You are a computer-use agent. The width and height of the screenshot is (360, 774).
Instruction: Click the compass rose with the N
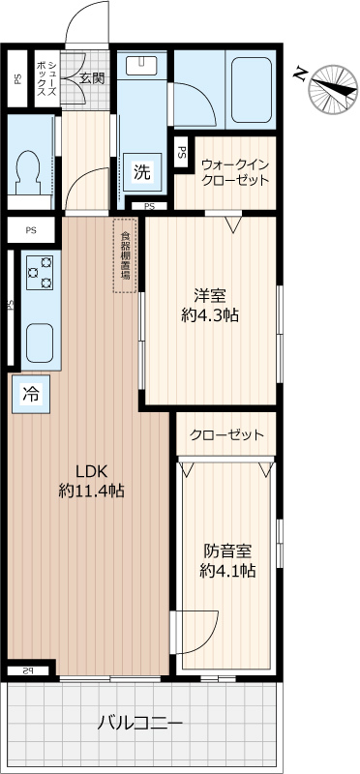pos(329,87)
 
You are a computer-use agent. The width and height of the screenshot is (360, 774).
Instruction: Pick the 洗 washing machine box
pos(142,173)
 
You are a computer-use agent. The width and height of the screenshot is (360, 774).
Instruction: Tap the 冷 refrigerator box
pos(31,394)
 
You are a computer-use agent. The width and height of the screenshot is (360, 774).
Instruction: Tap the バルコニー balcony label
pos(140,723)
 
